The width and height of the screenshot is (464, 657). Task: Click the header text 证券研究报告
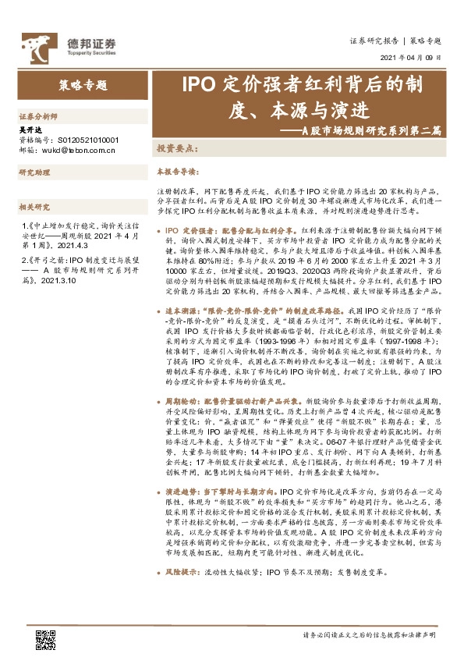374,40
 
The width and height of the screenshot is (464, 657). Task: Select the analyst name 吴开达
28,131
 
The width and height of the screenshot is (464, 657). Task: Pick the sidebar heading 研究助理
34,172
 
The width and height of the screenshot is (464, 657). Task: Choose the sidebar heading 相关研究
34,206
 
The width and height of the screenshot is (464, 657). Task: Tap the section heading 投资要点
177,148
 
